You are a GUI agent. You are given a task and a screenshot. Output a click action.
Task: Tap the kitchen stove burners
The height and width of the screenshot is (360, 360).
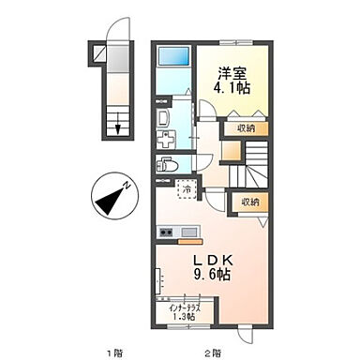pos(168,232)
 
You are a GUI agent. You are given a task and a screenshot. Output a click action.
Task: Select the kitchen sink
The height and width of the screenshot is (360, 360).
pos(187,232)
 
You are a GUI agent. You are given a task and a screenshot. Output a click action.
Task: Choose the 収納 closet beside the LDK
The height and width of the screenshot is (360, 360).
pos(250,202)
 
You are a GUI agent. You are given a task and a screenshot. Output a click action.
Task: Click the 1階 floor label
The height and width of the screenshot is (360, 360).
pos(113,352)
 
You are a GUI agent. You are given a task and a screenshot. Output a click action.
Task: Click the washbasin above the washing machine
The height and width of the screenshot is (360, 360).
pos(161,117)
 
